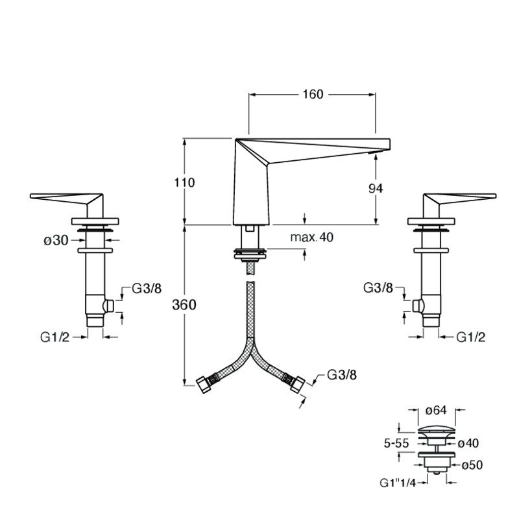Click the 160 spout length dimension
pos(313,94)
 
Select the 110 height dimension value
pos(184,182)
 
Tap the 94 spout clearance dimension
pos(376,188)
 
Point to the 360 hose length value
pos(184,305)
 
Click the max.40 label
pos(312,237)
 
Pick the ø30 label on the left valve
pos(56,240)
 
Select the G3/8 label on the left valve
pos(147,289)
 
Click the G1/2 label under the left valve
pos(55,337)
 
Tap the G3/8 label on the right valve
pos(378,288)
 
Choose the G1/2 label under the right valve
pos(471,337)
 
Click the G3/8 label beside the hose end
pos(342,375)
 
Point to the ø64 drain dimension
pos(436,411)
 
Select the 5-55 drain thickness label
pos(396,443)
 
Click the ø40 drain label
pos(468,443)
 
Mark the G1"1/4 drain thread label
pos(397,483)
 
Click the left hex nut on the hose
pos(204,384)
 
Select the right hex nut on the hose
pos(298,384)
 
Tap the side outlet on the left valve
pos(108,306)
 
